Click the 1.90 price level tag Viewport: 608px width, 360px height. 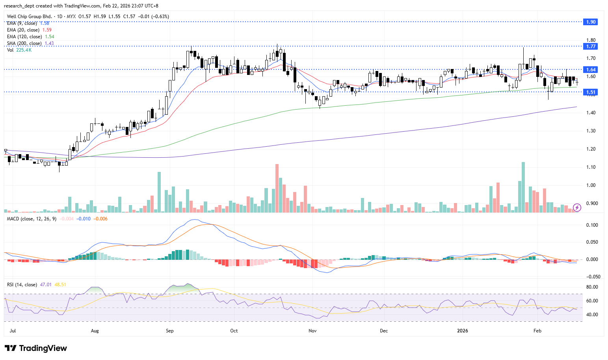pyautogui.click(x=591, y=22)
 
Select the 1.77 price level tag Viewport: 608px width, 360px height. pyautogui.click(x=591, y=47)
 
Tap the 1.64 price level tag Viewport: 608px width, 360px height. pyautogui.click(x=591, y=70)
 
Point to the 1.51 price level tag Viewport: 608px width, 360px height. pyautogui.click(x=591, y=92)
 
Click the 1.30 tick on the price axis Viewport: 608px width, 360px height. pyautogui.click(x=591, y=131)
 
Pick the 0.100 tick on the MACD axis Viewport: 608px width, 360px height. pyautogui.click(x=592, y=225)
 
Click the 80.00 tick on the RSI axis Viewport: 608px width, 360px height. pyautogui.click(x=592, y=287)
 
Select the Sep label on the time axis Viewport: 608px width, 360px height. pyautogui.click(x=170, y=330)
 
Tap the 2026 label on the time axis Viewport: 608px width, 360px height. pyautogui.click(x=463, y=330)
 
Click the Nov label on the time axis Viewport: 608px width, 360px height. pyautogui.click(x=312, y=330)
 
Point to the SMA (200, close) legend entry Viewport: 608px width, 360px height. pyautogui.click(x=24, y=43)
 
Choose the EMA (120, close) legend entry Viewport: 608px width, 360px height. pyautogui.click(x=24, y=37)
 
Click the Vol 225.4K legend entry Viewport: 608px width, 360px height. pyautogui.click(x=19, y=50)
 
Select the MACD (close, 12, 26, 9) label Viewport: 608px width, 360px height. pyautogui.click(x=32, y=219)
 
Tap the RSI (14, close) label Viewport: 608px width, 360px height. pyautogui.click(x=22, y=285)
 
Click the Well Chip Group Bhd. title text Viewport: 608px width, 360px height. pyautogui.click(x=30, y=17)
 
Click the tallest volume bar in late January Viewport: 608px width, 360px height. pyautogui.click(x=523, y=187)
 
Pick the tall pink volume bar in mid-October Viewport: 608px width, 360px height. pyautogui.click(x=277, y=188)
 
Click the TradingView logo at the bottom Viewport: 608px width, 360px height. pyautogui.click(x=36, y=348)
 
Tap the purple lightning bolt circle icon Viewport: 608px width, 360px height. pyautogui.click(x=577, y=207)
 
